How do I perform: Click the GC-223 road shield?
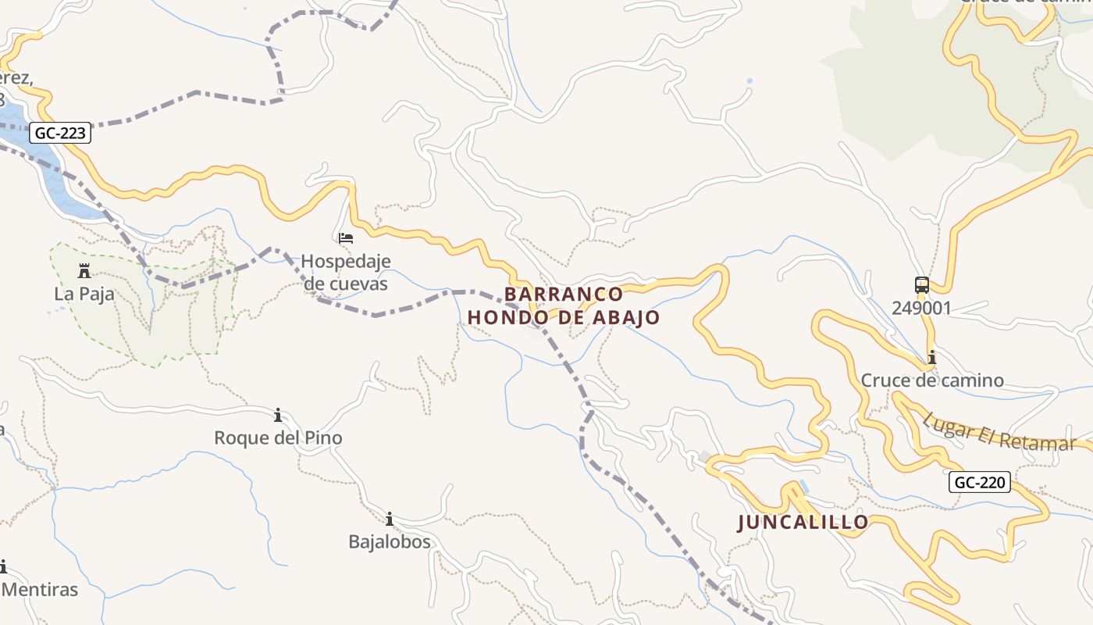(61, 134)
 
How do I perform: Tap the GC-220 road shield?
(980, 482)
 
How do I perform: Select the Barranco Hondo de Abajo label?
(564, 305)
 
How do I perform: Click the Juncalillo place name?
(803, 523)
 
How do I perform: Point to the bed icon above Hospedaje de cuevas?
(346, 237)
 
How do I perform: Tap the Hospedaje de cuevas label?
(345, 272)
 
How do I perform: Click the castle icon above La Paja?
(84, 271)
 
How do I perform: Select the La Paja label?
(84, 294)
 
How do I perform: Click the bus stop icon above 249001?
(922, 285)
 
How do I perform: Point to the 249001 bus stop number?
(922, 308)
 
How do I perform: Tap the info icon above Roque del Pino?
(278, 415)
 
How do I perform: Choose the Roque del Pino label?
(278, 437)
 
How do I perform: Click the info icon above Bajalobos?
(389, 519)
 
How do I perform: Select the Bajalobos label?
(389, 541)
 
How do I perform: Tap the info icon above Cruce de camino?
(931, 358)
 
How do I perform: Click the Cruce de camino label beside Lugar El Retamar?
(931, 380)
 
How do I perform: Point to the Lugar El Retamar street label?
(999, 432)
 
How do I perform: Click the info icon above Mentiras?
(3, 566)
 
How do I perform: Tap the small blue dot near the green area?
(749, 81)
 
